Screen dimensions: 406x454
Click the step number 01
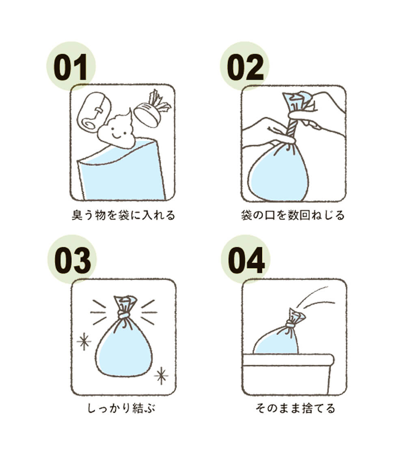pyautogui.click(x=71, y=67)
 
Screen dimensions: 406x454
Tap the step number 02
pyautogui.click(x=245, y=67)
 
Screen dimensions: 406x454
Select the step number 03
pyautogui.click(x=72, y=260)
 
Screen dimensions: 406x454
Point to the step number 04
pyautogui.click(x=246, y=260)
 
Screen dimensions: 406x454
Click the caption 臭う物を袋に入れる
pyautogui.click(x=123, y=215)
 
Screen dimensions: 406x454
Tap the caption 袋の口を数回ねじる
pyautogui.click(x=293, y=215)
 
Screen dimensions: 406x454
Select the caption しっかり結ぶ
pyautogui.click(x=121, y=408)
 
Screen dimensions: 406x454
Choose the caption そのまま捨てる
pyautogui.click(x=295, y=408)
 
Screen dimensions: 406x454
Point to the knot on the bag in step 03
pyautogui.click(x=124, y=315)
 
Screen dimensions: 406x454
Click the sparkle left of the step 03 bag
pyautogui.click(x=84, y=341)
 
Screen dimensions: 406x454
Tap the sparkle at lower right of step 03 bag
pyautogui.click(x=161, y=375)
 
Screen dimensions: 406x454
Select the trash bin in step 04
pyautogui.click(x=288, y=374)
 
